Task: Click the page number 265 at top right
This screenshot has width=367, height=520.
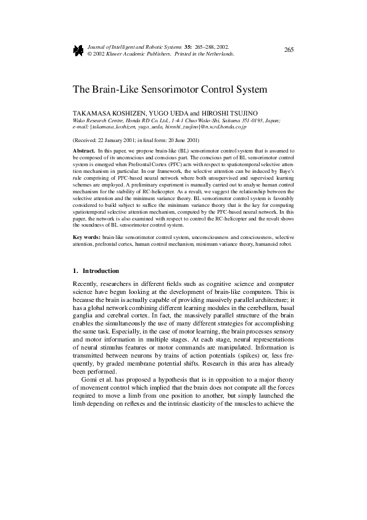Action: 289,49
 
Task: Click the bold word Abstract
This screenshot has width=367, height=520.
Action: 83,151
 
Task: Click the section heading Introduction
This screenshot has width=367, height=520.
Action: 101,270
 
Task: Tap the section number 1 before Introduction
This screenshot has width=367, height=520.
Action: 75,270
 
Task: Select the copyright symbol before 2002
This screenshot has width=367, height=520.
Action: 90,54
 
